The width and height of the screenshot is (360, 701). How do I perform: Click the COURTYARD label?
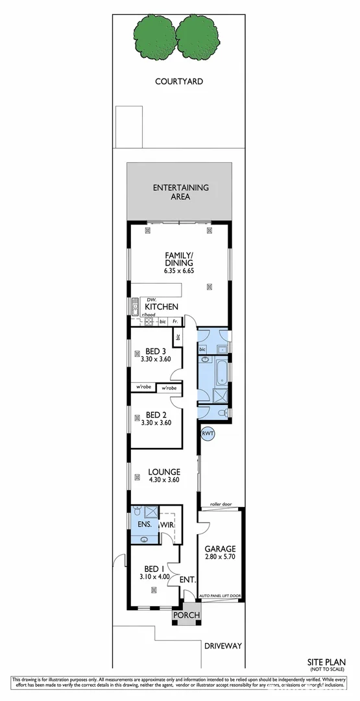click(x=179, y=82)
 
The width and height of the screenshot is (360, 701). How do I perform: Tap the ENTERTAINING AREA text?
click(x=180, y=192)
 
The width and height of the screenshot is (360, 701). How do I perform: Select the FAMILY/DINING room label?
click(x=179, y=259)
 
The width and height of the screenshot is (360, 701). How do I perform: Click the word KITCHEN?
click(x=162, y=306)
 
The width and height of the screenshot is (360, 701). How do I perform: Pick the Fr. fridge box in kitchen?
click(x=175, y=322)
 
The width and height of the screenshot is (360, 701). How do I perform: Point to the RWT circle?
click(x=208, y=433)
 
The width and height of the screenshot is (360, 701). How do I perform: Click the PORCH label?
click(x=186, y=615)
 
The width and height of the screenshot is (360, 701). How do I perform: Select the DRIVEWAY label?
click(x=222, y=646)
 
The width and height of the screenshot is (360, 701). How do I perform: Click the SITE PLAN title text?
click(x=326, y=663)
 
